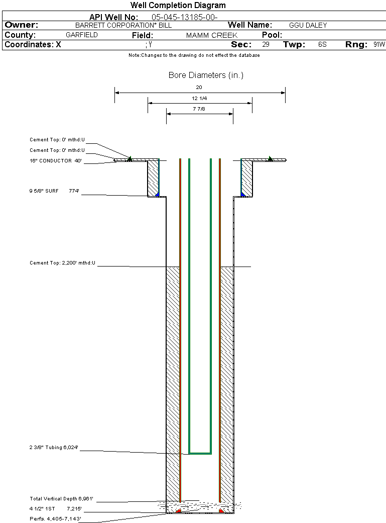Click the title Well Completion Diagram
click(x=178, y=6)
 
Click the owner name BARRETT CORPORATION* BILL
click(x=123, y=25)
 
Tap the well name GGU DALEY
click(x=308, y=25)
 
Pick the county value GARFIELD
click(x=82, y=35)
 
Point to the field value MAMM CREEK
click(x=211, y=36)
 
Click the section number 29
click(x=266, y=45)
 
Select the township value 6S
click(x=322, y=45)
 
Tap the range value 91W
click(x=379, y=45)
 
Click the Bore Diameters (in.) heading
click(x=206, y=75)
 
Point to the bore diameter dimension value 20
click(x=199, y=88)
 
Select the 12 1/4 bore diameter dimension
click(x=199, y=98)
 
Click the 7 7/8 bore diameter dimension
click(x=199, y=109)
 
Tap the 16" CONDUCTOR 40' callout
click(x=55, y=161)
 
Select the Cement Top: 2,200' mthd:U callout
click(x=62, y=263)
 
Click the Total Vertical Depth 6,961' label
click(x=61, y=499)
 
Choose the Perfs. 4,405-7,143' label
click(x=55, y=518)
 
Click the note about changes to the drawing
click(x=194, y=55)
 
